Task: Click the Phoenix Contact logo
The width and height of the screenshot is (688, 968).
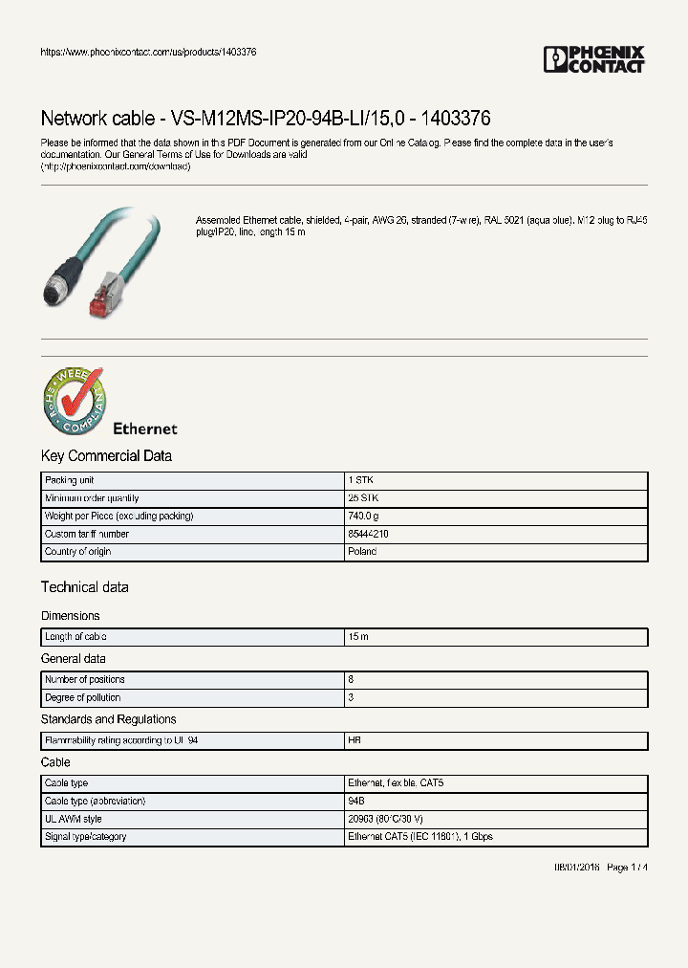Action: point(594,59)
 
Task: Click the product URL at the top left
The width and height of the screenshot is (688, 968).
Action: point(148,52)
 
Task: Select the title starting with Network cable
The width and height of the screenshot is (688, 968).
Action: point(266,119)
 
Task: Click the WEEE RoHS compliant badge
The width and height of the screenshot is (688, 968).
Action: point(74,401)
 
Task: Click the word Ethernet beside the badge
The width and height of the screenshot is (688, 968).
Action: point(145,429)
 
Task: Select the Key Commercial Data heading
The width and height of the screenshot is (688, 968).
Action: point(106,456)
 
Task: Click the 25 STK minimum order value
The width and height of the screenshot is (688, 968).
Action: point(363,498)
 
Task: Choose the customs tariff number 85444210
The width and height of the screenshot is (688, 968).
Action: point(369,534)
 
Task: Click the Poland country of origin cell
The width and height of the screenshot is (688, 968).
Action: point(362,552)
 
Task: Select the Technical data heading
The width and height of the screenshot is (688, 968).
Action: point(84,587)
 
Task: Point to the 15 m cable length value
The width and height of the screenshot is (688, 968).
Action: point(358,637)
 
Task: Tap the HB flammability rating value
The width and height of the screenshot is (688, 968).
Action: point(355,740)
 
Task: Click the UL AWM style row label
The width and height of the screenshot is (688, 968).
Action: point(74,819)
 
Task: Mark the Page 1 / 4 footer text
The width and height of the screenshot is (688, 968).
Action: point(627,867)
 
